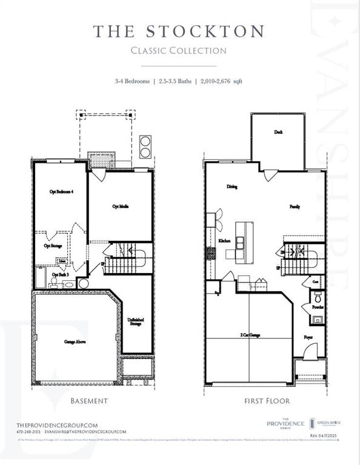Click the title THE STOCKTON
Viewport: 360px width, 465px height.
[179, 31]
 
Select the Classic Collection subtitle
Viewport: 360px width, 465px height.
[179, 50]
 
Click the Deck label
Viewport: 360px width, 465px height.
[278, 132]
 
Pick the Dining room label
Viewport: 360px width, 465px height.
[232, 186]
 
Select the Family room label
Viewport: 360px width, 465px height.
[295, 206]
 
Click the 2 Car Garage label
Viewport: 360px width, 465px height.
[250, 334]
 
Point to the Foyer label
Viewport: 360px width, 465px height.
[308, 336]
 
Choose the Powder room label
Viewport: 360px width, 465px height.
[318, 307]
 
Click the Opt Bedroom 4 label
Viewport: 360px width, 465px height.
[61, 191]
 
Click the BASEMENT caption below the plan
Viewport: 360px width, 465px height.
[89, 401]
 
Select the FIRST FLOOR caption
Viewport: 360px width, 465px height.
[267, 401]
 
